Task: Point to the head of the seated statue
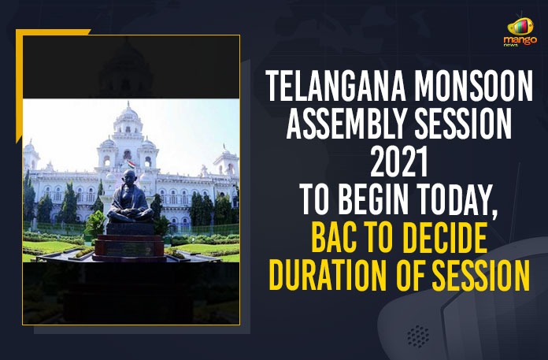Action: [129, 176]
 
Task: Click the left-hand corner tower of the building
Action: [31, 157]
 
